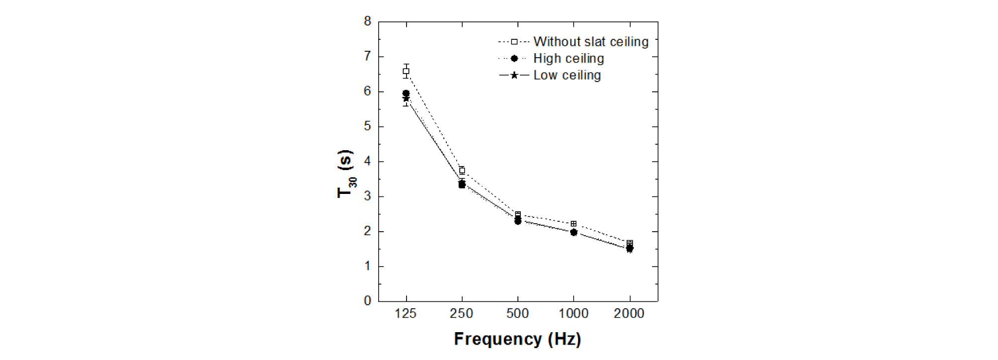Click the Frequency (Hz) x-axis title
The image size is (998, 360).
(x=517, y=339)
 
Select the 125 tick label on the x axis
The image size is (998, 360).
(x=406, y=314)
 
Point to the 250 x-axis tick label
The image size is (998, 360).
(x=461, y=314)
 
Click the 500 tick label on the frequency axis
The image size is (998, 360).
(x=517, y=314)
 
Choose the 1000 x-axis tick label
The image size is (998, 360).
(x=574, y=314)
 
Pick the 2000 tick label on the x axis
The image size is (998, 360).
(x=629, y=314)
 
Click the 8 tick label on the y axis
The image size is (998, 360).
(x=367, y=21)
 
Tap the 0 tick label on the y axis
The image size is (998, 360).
(x=367, y=301)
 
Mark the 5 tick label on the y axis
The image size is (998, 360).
(x=367, y=126)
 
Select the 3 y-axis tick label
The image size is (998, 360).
(x=367, y=196)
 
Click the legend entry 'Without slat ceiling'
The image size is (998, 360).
(x=591, y=42)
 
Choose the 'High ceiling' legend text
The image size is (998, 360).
(x=569, y=59)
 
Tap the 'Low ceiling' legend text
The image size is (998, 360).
(x=567, y=76)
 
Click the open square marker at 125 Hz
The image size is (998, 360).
(x=406, y=71)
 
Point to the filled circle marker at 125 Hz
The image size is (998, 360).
(x=406, y=93)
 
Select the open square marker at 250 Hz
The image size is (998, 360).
(x=462, y=171)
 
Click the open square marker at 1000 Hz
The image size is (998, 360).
(x=574, y=224)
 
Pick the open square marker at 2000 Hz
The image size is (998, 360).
(x=630, y=243)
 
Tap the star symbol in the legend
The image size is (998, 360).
(x=514, y=76)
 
